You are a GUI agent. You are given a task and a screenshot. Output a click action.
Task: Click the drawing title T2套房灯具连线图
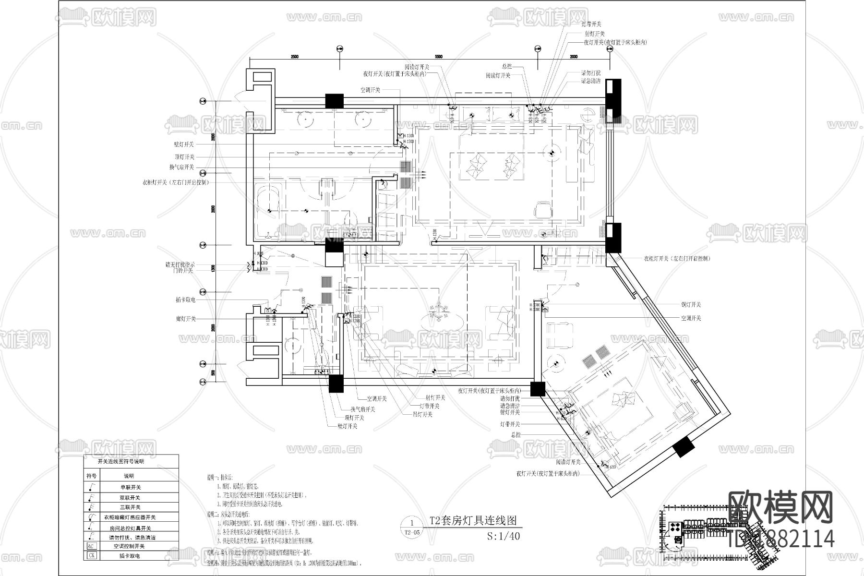tap(473, 520)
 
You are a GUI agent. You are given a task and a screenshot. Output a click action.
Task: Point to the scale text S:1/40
tap(504, 536)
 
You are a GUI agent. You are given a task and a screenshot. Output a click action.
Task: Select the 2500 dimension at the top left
tap(294, 57)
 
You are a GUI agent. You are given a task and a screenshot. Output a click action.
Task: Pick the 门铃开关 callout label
tap(183, 271)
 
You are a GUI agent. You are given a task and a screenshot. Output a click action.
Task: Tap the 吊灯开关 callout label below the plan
tap(422, 414)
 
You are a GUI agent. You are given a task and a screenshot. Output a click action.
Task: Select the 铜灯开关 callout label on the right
tap(691, 305)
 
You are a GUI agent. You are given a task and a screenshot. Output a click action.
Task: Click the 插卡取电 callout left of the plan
tap(185, 300)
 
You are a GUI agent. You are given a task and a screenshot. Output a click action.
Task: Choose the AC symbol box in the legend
tap(91, 546)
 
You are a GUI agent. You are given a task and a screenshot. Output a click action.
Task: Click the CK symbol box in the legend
tap(91, 556)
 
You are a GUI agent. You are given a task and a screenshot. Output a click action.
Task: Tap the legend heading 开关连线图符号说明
tap(120, 462)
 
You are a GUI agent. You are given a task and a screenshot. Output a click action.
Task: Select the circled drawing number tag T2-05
tap(412, 528)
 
